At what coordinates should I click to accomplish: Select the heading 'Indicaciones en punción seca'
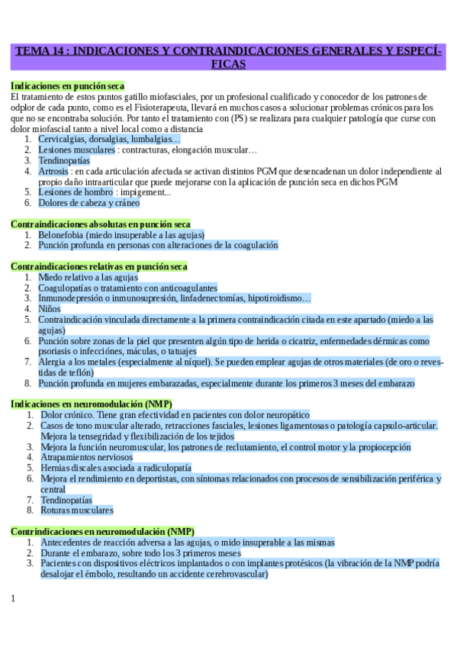[68, 86]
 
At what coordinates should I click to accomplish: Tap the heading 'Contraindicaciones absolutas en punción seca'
[101, 224]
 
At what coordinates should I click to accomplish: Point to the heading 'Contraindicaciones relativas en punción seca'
[99, 266]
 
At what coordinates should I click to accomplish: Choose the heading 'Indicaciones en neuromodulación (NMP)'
[92, 404]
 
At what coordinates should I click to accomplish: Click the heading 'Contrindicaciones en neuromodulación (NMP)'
[102, 531]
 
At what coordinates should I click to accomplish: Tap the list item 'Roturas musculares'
[76, 510]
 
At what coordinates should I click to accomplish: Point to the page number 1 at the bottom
[13, 598]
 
